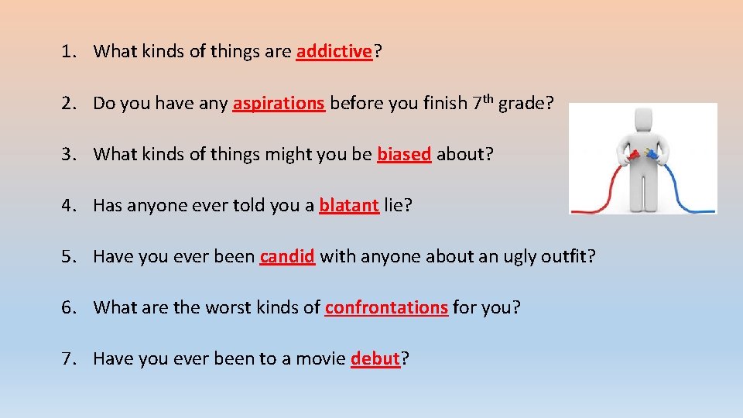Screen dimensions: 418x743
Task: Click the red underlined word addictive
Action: pos(334,52)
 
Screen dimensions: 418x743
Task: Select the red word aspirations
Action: pos(279,103)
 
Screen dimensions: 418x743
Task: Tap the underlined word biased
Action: pos(404,154)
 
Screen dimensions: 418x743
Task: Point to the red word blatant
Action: pos(349,205)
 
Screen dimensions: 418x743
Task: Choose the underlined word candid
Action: pos(287,256)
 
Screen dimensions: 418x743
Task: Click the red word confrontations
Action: pos(386,307)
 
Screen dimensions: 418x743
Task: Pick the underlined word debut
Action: pos(375,358)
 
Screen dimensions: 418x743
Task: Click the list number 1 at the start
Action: pos(68,52)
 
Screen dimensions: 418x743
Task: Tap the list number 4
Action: pos(68,205)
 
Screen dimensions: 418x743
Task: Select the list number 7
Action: pos(68,358)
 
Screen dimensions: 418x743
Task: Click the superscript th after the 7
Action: pos(487,98)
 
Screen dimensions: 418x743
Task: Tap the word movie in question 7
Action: pos(320,358)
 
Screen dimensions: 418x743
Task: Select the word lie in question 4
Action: pos(395,205)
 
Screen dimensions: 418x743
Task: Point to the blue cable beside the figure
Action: pos(686,186)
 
